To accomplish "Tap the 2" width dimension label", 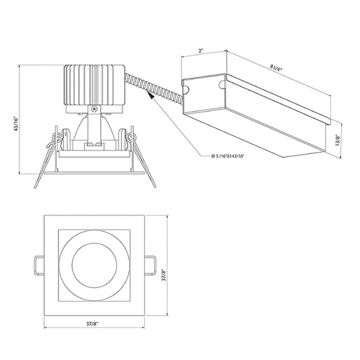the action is [201, 51].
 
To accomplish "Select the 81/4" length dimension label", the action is [275, 68].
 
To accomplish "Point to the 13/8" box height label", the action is [338, 140].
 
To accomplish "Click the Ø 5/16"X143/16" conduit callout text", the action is [228, 156].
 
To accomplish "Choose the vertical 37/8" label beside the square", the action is [164, 275].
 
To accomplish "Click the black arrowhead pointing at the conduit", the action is [151, 96].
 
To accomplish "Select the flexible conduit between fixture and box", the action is [153, 87].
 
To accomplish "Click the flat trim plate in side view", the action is [94, 173].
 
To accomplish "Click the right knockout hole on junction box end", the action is [222, 84].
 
